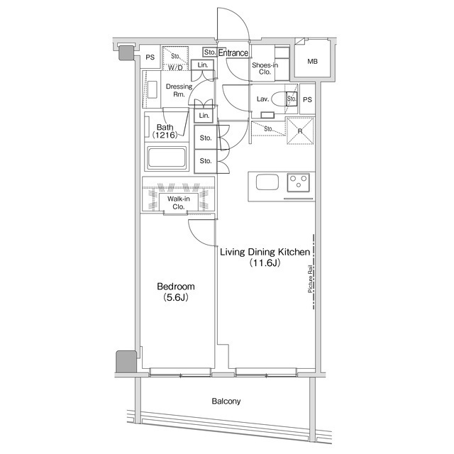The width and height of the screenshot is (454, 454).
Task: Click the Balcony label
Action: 226,402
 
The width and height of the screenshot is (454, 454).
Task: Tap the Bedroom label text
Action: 176,287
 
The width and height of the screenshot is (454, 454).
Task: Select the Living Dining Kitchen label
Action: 265,252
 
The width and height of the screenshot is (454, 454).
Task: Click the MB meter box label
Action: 312,62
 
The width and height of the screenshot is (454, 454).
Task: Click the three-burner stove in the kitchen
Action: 298,182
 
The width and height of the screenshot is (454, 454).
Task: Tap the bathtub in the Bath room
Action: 167,158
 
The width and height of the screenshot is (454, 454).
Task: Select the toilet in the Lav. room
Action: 279,99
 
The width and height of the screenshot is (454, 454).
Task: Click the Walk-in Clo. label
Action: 179,203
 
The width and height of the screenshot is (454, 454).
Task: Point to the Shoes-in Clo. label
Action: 265,68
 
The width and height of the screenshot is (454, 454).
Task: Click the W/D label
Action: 175,68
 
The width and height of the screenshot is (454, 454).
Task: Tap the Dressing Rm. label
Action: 179,90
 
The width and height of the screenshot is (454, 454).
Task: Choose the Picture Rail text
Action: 310,279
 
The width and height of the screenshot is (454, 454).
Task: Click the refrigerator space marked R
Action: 300,131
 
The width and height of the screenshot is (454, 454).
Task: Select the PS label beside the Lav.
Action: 307,99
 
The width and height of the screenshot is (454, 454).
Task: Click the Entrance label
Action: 233,52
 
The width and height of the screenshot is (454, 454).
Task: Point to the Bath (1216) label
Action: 165,131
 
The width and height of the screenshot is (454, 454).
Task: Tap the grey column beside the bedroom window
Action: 126,362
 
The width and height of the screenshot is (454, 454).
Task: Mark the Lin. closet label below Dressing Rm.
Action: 204,116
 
